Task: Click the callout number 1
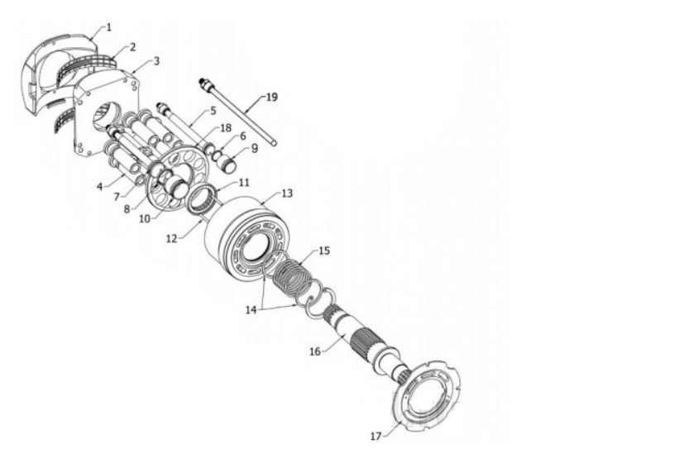pyautogui.click(x=109, y=27)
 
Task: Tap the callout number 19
pyautogui.click(x=272, y=98)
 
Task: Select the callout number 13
pyautogui.click(x=287, y=193)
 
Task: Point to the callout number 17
pyautogui.click(x=375, y=436)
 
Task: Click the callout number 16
pyautogui.click(x=315, y=351)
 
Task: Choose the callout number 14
pyautogui.click(x=251, y=309)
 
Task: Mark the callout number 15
pyautogui.click(x=324, y=251)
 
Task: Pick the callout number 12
pyautogui.click(x=171, y=239)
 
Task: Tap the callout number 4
pyautogui.click(x=100, y=187)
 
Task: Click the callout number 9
pyautogui.click(x=255, y=148)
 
